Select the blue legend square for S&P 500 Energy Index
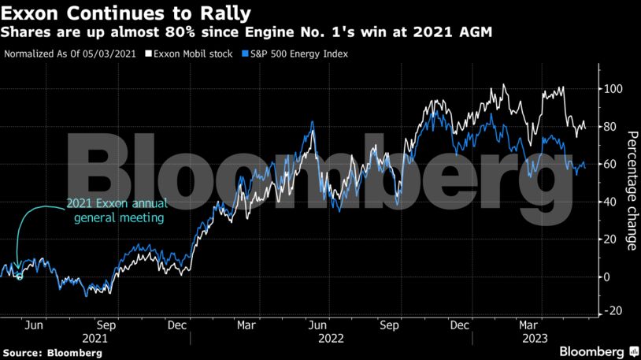(245, 54)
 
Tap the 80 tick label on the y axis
(610, 127)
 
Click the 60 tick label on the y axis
(610, 164)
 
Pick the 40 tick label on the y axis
(610, 202)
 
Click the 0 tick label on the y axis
(607, 276)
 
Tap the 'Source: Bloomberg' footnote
(52, 354)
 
